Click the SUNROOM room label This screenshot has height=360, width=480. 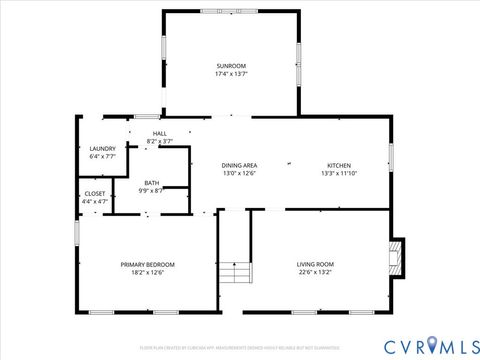[230, 65]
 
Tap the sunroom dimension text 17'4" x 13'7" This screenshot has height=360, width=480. [230, 74]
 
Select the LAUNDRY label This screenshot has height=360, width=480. [103, 148]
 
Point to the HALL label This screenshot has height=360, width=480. [160, 133]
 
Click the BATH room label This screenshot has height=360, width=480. [151, 183]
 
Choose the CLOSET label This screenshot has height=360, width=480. [95, 193]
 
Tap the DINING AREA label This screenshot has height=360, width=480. [239, 165]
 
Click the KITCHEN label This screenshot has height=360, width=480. [339, 165]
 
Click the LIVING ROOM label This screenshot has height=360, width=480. [315, 264]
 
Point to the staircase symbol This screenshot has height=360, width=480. [235, 271]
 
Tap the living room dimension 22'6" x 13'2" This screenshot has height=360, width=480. [315, 272]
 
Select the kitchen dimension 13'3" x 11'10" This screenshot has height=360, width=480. [339, 173]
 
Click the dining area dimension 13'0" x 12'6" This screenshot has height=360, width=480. [239, 173]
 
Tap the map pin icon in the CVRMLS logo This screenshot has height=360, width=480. [432, 345]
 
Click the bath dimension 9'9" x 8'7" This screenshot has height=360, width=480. [151, 191]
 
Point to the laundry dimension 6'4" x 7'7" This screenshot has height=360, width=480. [103, 156]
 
